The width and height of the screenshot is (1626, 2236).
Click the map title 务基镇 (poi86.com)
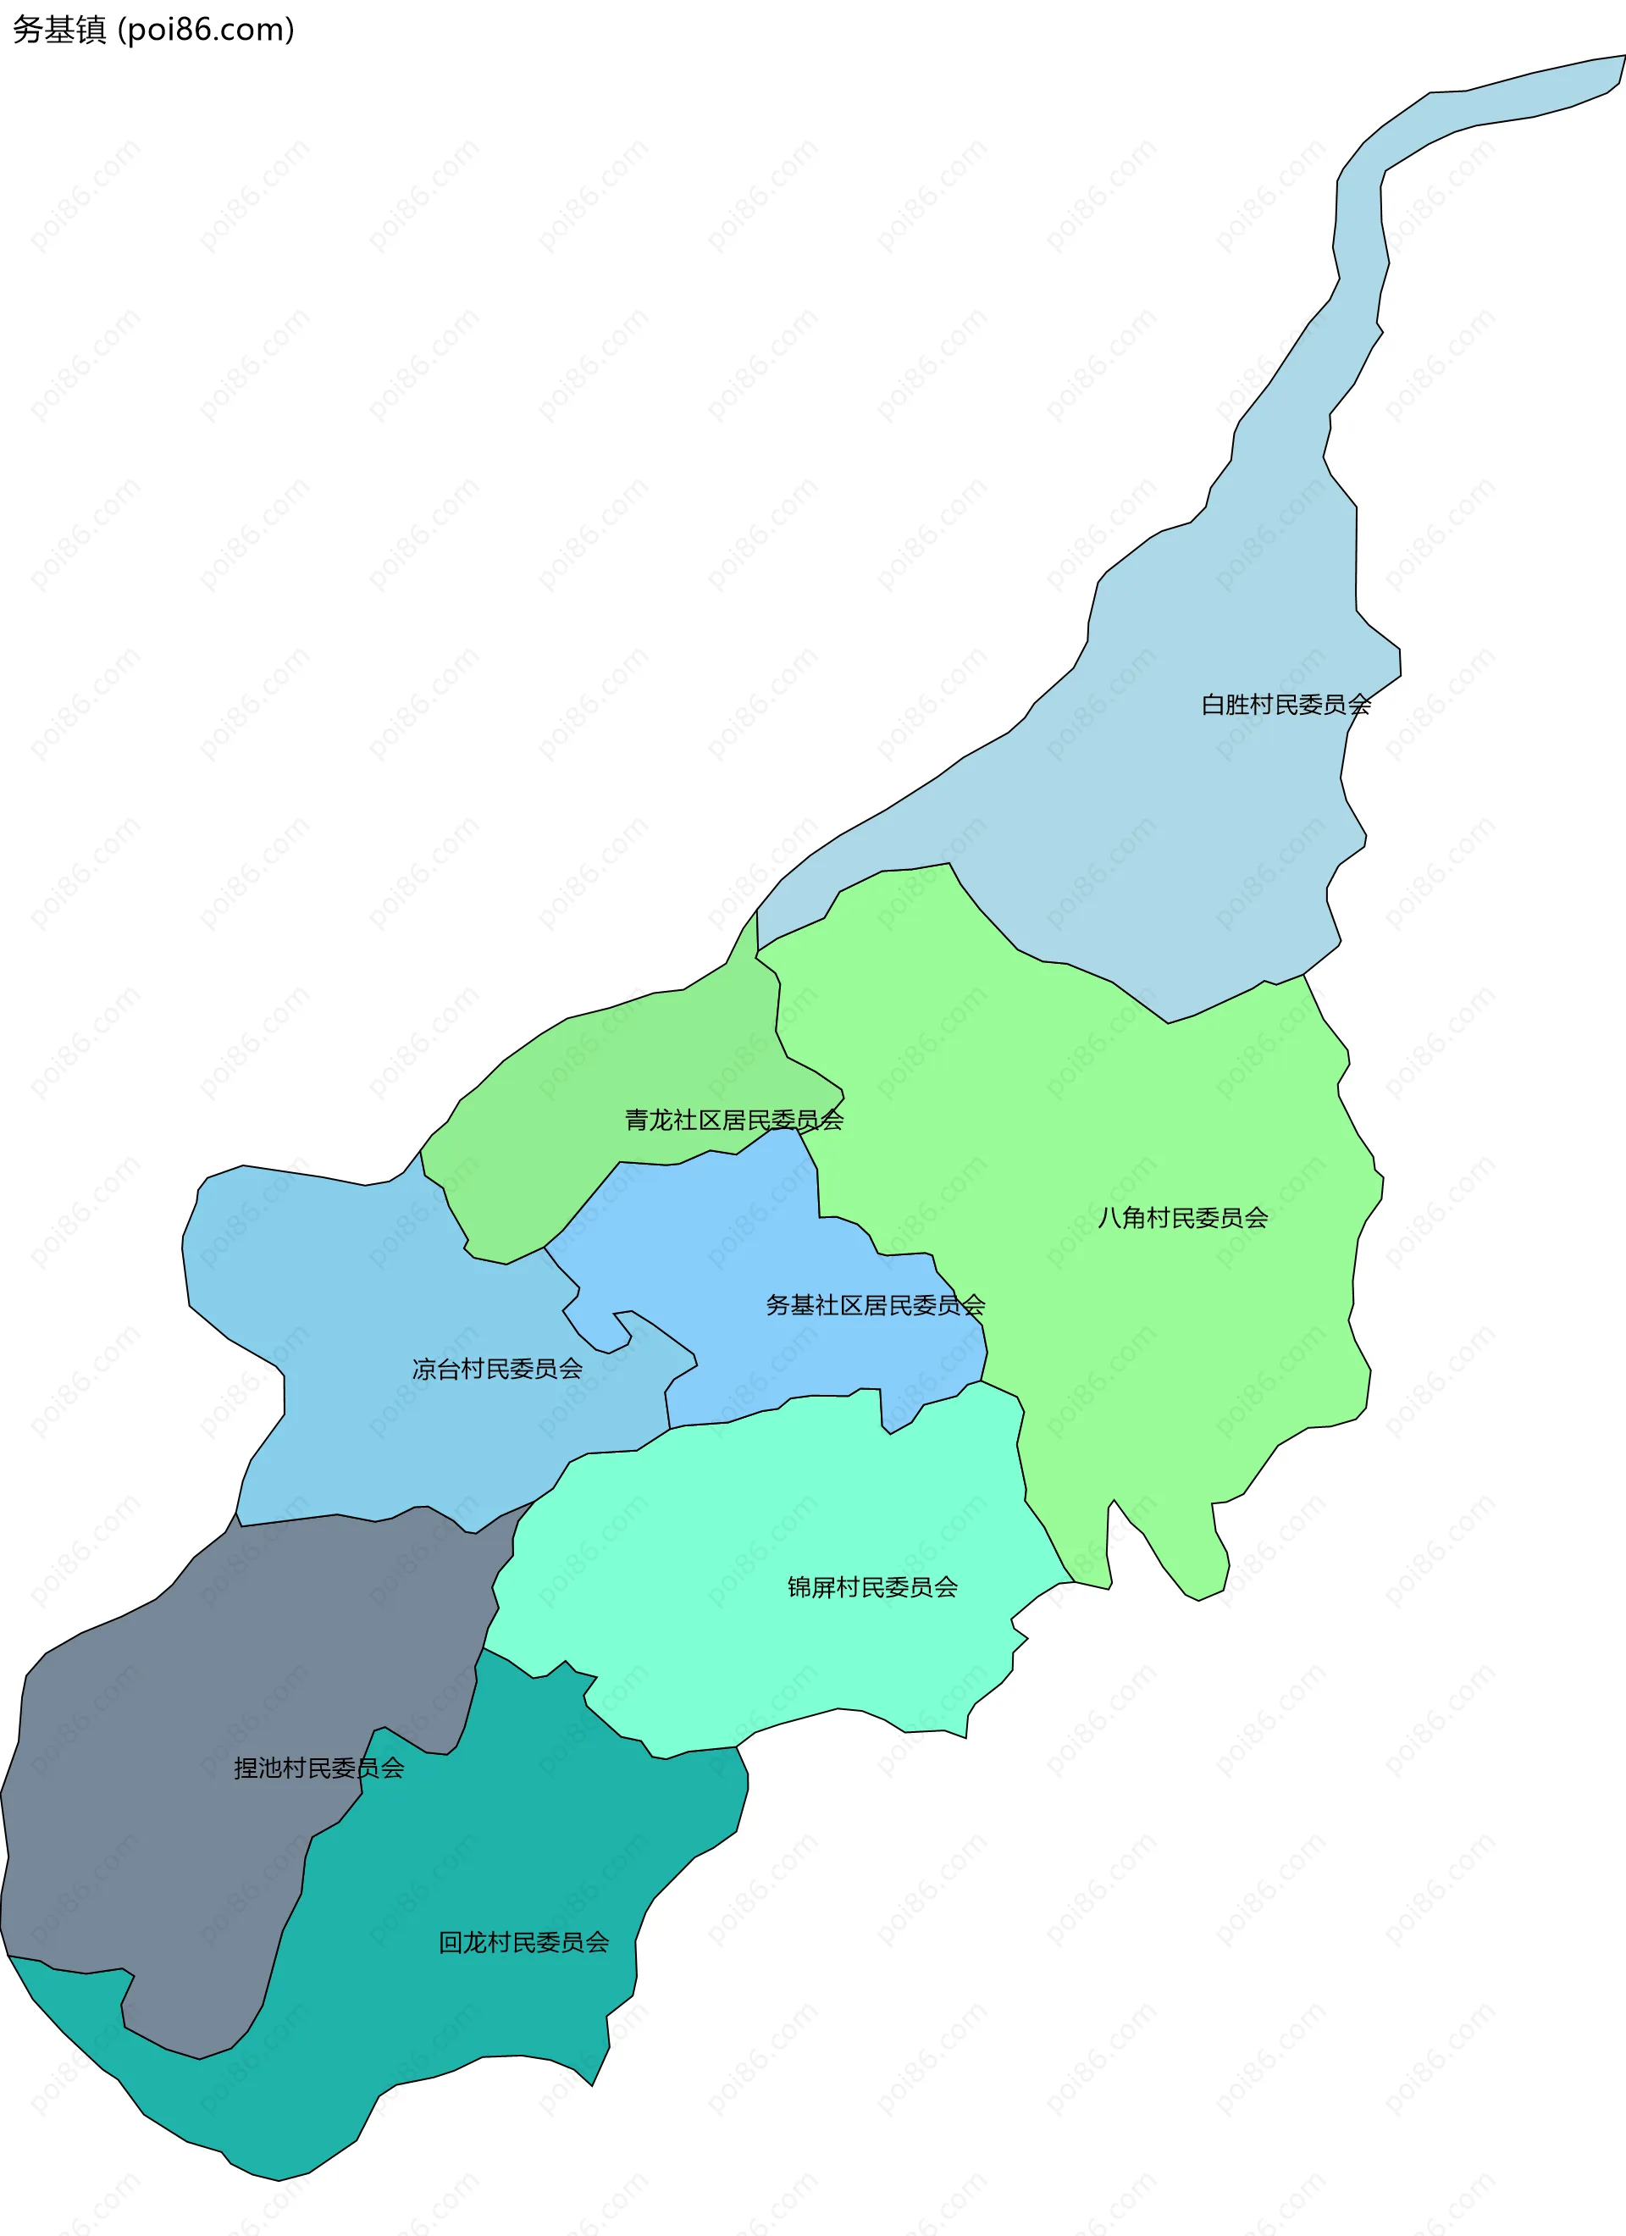(152, 30)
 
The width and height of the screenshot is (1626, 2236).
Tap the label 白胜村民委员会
(1286, 705)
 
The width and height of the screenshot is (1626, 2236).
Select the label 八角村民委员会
(1182, 1218)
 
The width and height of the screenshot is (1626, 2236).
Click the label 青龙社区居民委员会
(733, 1120)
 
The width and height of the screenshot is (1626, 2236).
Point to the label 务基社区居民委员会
(876, 1305)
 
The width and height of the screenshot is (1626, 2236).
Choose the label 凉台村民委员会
(497, 1369)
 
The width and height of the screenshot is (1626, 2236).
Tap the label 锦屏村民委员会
(872, 1587)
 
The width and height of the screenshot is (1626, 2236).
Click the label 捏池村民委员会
(318, 1768)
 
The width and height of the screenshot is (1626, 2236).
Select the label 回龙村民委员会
(523, 1942)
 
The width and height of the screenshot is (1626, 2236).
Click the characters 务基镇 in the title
(59, 30)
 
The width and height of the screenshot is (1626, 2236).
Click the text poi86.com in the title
(205, 30)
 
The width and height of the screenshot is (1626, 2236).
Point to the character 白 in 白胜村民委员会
(1213, 705)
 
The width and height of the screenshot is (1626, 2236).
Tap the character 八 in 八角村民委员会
(1109, 1218)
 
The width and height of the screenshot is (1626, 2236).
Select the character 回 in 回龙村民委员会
(451, 1942)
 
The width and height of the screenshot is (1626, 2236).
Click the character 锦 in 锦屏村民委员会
(799, 1587)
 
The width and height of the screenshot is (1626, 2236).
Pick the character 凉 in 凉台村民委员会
(424, 1369)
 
